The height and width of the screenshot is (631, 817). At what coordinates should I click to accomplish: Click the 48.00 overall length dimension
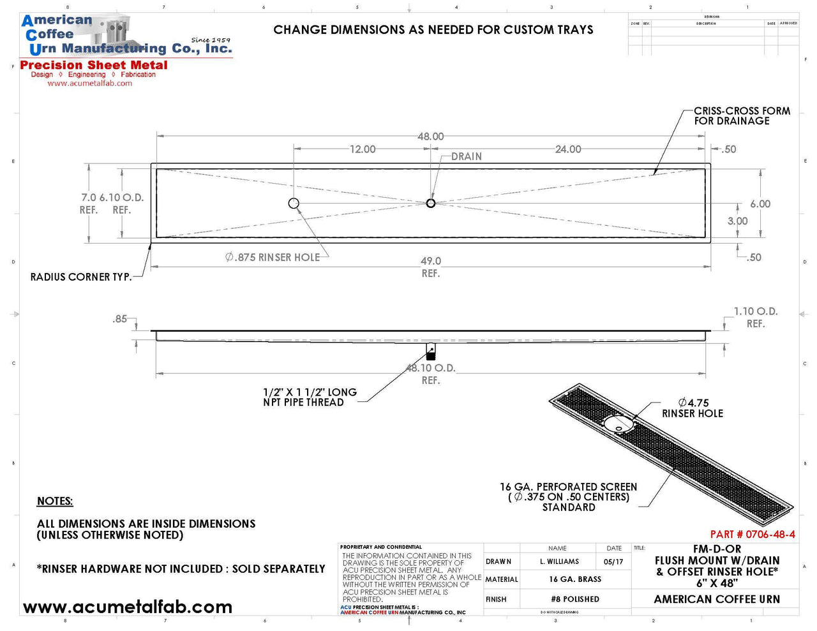point(431,137)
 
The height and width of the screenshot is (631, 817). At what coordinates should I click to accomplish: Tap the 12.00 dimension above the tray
point(363,149)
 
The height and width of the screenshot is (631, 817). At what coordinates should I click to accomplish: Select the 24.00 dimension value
point(568,149)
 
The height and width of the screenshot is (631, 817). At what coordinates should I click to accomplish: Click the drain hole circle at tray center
point(431,203)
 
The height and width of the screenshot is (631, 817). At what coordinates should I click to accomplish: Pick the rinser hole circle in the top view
point(294,203)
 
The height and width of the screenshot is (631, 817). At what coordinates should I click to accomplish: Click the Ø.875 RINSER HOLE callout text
point(273,257)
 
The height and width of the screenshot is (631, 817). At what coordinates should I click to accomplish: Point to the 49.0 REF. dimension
point(431,266)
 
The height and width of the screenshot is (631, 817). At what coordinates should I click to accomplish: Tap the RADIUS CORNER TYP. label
point(81,277)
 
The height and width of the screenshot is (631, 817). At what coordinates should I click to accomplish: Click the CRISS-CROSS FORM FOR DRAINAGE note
point(741,115)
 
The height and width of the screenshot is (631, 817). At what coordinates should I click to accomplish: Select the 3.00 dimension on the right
point(737,221)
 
